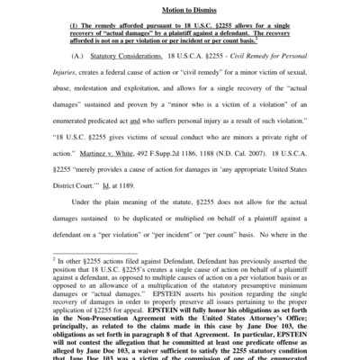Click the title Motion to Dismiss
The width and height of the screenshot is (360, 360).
[x=180, y=10]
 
